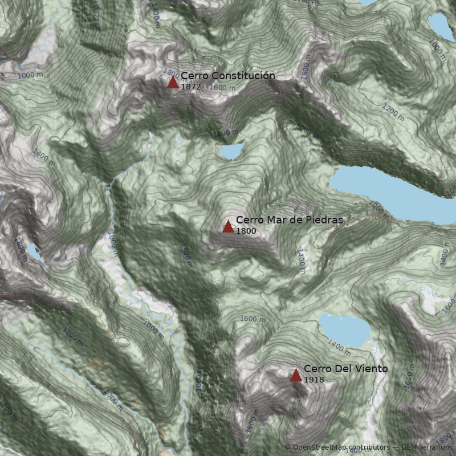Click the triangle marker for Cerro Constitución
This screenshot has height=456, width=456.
(173, 83)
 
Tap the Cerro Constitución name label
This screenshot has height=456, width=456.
(228, 76)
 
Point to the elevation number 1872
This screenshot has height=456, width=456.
(190, 87)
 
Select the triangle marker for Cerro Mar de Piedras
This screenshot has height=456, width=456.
(228, 227)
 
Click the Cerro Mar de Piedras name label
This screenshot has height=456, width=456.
(289, 220)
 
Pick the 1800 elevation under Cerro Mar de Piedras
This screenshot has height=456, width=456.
(246, 231)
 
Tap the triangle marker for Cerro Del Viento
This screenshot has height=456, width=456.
(296, 375)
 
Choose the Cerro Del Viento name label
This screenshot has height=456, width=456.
(345, 369)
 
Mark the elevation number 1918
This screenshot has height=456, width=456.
(313, 380)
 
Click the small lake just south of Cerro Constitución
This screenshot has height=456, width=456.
(231, 152)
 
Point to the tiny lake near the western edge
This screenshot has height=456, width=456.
(33, 251)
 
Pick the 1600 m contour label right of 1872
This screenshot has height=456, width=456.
(222, 88)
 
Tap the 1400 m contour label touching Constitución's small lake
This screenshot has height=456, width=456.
(225, 133)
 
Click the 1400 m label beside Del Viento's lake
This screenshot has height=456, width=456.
(339, 346)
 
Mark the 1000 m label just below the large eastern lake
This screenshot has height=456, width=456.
(379, 208)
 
